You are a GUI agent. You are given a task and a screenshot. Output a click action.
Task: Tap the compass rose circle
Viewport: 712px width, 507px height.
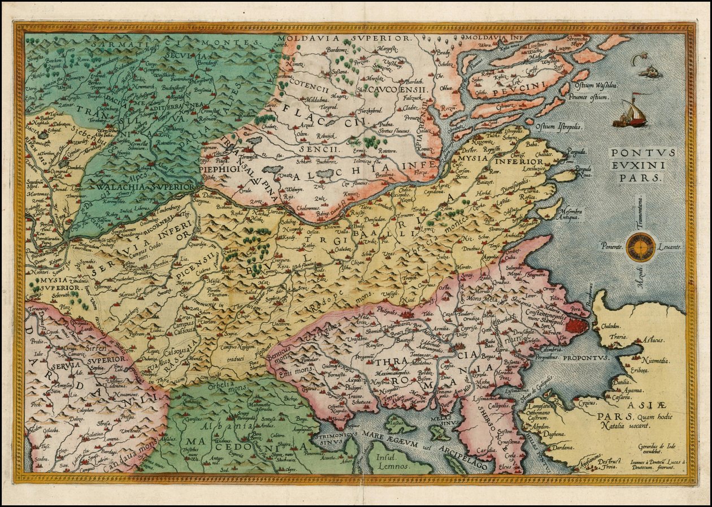tap(640, 248)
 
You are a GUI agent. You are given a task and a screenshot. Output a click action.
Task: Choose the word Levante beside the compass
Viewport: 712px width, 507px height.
tap(670, 247)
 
